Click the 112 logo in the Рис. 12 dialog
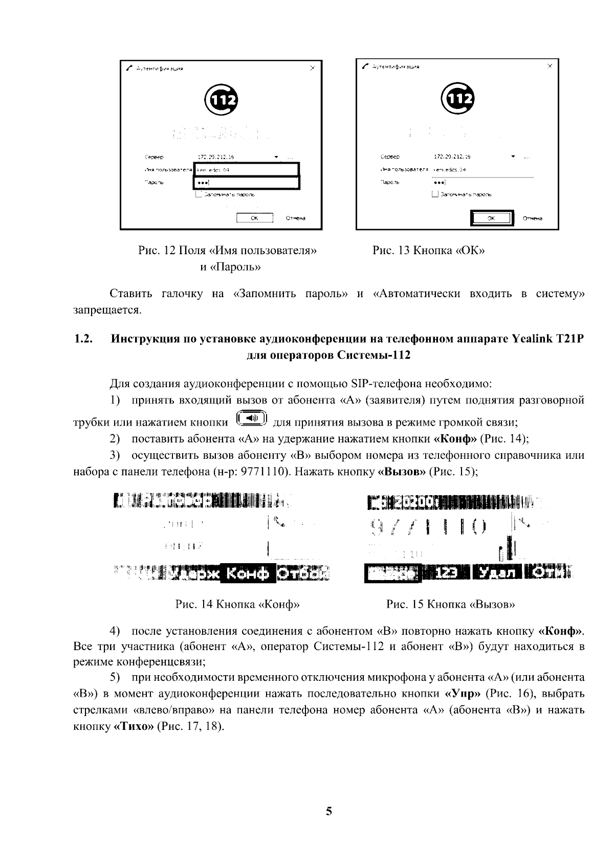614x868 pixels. tap(221, 100)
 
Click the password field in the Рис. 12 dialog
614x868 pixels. tap(246, 183)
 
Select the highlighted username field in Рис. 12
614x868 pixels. tap(246, 170)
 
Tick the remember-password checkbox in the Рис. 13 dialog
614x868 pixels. tap(435, 194)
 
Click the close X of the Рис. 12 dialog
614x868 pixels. tap(313, 69)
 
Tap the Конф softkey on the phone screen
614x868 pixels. tap(248, 574)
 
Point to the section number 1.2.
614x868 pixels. tap(83, 339)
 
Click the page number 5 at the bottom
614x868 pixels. tap(329, 811)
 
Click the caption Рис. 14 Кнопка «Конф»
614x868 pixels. tap(237, 605)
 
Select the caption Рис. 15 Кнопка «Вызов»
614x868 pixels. tap(450, 605)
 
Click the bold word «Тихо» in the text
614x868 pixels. tap(133, 726)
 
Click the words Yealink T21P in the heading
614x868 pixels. tap(548, 339)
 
